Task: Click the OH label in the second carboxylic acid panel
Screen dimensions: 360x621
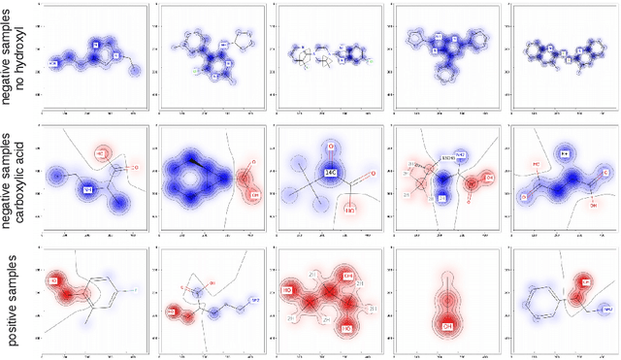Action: (x=255, y=195)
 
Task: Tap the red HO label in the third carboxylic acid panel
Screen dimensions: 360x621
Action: (x=350, y=209)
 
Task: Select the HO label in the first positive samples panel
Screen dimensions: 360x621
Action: (x=53, y=282)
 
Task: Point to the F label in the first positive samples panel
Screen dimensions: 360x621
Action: (x=133, y=289)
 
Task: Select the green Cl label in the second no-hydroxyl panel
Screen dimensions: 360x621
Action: (x=194, y=69)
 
